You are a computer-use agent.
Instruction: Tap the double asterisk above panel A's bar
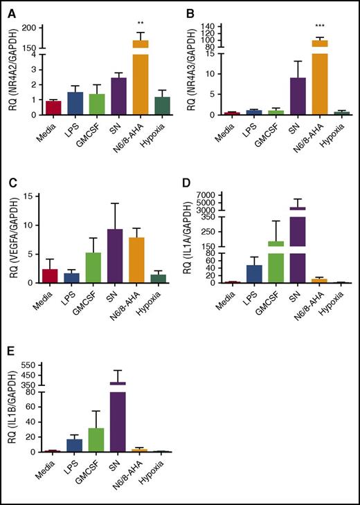141,23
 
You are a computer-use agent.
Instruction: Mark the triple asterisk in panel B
321,23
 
